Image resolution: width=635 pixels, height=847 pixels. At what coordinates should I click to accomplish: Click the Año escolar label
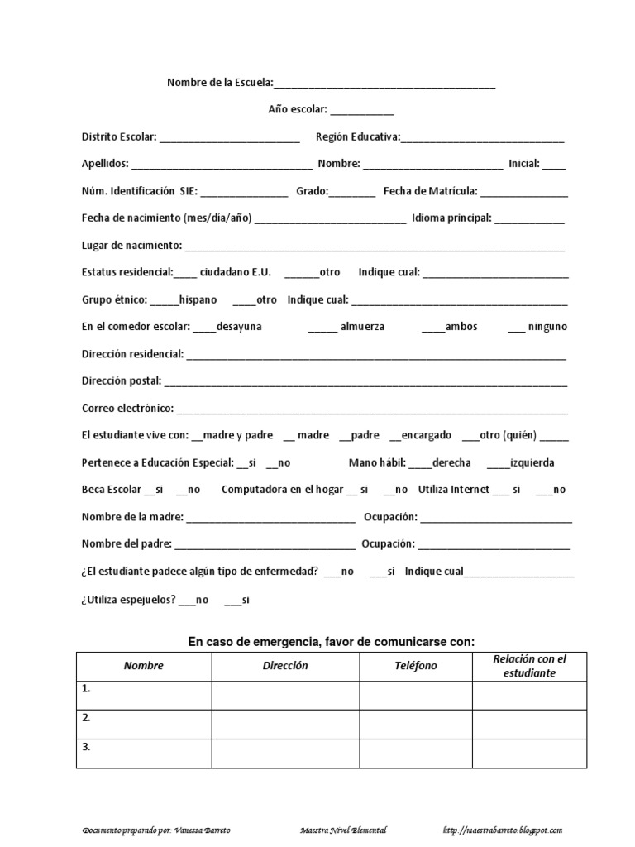(x=298, y=109)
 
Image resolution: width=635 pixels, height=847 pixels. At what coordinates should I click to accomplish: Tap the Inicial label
(x=523, y=164)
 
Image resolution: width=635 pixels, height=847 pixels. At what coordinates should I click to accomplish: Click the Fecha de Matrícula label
(x=430, y=191)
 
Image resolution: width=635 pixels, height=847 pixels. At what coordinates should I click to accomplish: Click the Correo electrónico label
(x=127, y=409)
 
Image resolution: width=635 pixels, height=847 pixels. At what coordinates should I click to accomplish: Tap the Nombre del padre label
(x=127, y=544)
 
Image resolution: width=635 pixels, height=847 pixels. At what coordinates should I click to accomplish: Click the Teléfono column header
(x=416, y=666)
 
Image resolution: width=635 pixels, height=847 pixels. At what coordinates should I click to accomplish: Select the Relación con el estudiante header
(x=529, y=666)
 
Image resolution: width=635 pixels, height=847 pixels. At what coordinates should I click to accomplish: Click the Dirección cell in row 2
(x=285, y=724)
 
